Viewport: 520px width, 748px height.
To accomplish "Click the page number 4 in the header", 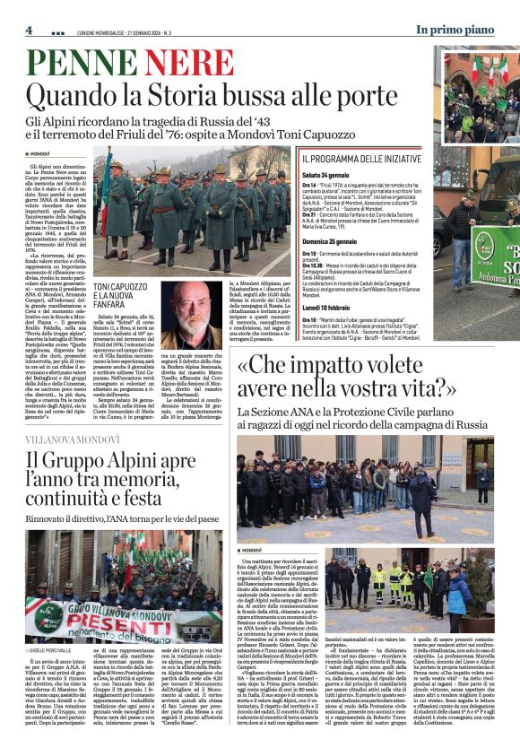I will pyautogui.click(x=29, y=30).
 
